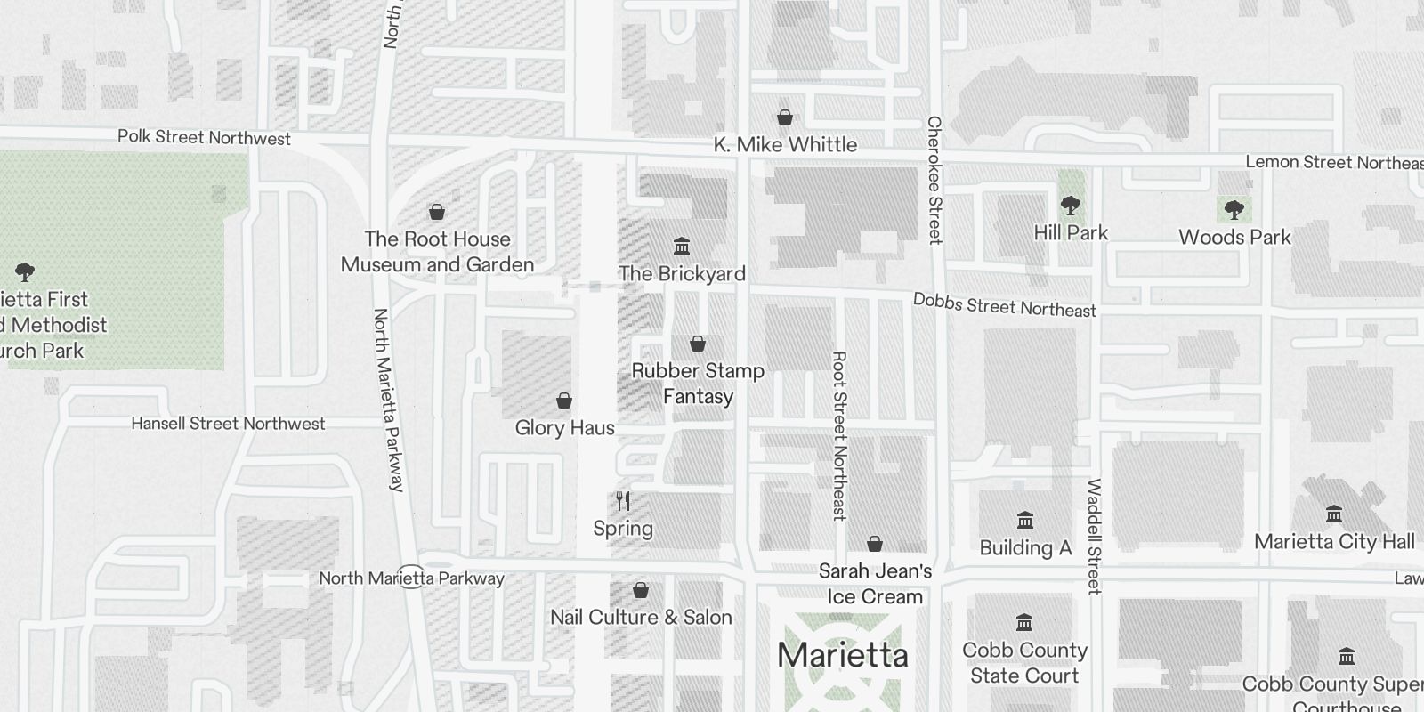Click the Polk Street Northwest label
(204, 138)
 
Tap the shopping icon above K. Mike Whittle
(785, 117)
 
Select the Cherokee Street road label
(934, 179)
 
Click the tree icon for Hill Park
(1071, 206)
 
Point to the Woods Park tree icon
(1234, 210)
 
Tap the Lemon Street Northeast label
(1333, 162)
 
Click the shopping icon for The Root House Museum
(437, 212)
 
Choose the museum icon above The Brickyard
(682, 246)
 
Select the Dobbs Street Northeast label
(1005, 305)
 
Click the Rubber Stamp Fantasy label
(698, 384)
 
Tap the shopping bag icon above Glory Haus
(564, 400)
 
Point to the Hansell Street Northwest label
(228, 424)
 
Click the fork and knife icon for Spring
(623, 501)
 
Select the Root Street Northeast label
(839, 435)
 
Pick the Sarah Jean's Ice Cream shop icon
(875, 544)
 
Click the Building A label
(1025, 547)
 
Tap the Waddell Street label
(1094, 537)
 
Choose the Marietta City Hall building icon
(1334, 514)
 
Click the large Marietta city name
(843, 656)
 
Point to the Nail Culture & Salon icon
(641, 590)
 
